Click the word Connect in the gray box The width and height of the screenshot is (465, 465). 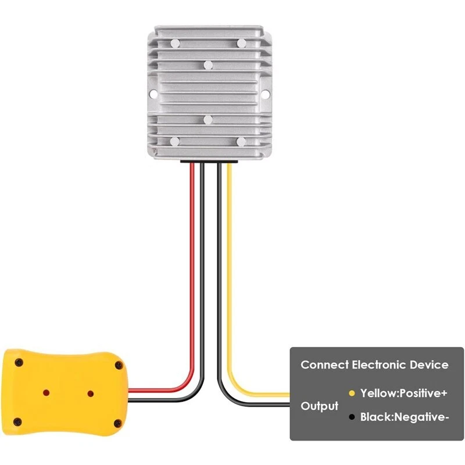click(324, 365)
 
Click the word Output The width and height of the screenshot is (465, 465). click(319, 406)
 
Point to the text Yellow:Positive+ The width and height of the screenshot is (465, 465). click(403, 394)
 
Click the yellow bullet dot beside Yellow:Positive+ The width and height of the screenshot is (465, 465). click(351, 394)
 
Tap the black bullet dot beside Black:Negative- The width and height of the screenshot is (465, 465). click(351, 417)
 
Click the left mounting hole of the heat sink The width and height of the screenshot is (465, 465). click(152, 93)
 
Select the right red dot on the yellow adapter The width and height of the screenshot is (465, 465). click(90, 394)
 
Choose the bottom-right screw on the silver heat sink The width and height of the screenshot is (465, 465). click(241, 142)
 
